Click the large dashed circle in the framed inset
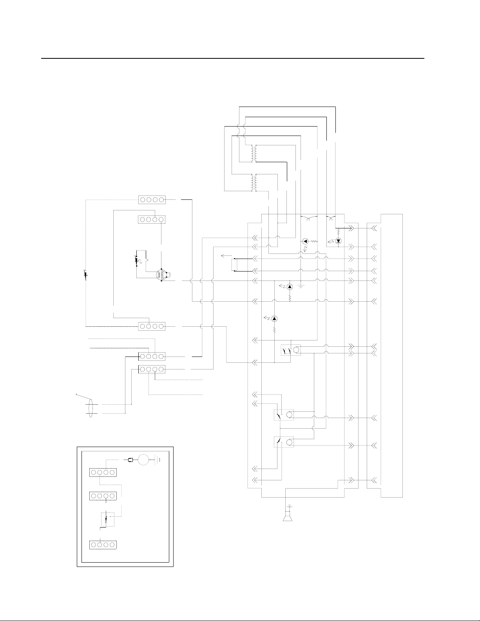143,460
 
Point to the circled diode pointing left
306,241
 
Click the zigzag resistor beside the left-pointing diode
314,241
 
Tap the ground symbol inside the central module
300,285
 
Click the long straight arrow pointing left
226,255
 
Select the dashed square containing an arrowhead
107,520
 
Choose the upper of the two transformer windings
254,154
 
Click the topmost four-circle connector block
152,200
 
